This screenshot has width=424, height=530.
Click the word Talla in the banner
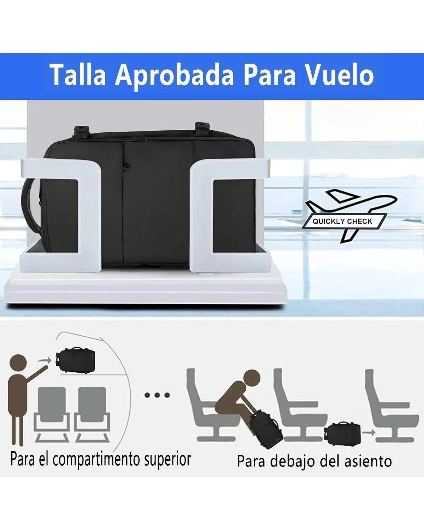(x=78, y=75)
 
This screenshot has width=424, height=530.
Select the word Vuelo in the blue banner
(x=339, y=75)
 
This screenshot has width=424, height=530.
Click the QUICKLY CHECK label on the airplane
(x=342, y=222)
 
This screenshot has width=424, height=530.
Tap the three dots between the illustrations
(x=157, y=395)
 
